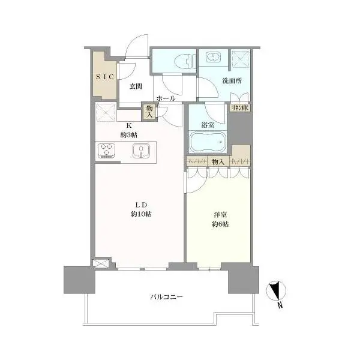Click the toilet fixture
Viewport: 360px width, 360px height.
pyautogui.click(x=185, y=61)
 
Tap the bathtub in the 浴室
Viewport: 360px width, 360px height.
pyautogui.click(x=208, y=142)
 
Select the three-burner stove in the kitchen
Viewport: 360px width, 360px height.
pyautogui.click(x=106, y=151)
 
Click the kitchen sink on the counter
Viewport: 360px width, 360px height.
pyautogui.click(x=141, y=151)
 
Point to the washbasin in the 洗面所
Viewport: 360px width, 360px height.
pyautogui.click(x=213, y=56)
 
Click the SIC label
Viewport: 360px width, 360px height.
pyautogui.click(x=105, y=77)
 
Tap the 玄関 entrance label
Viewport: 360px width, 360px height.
pyautogui.click(x=136, y=86)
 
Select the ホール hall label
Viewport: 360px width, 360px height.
pyautogui.click(x=166, y=99)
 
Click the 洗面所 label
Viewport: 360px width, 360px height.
pyautogui.click(x=232, y=81)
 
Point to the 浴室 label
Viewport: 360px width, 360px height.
pyautogui.click(x=208, y=125)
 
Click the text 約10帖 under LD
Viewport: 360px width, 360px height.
pyautogui.click(x=141, y=214)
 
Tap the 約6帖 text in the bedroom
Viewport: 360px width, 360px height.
pyautogui.click(x=220, y=224)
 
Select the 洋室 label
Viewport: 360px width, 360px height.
pyautogui.click(x=220, y=215)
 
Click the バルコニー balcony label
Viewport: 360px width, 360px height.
pyautogui.click(x=167, y=297)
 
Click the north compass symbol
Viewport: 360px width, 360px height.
pyautogui.click(x=276, y=290)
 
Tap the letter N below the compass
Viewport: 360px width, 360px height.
pyautogui.click(x=280, y=305)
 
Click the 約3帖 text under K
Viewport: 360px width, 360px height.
pyautogui.click(x=129, y=135)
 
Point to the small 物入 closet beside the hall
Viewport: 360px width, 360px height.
pyautogui.click(x=149, y=112)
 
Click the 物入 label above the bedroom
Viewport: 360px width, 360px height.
pyautogui.click(x=218, y=162)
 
